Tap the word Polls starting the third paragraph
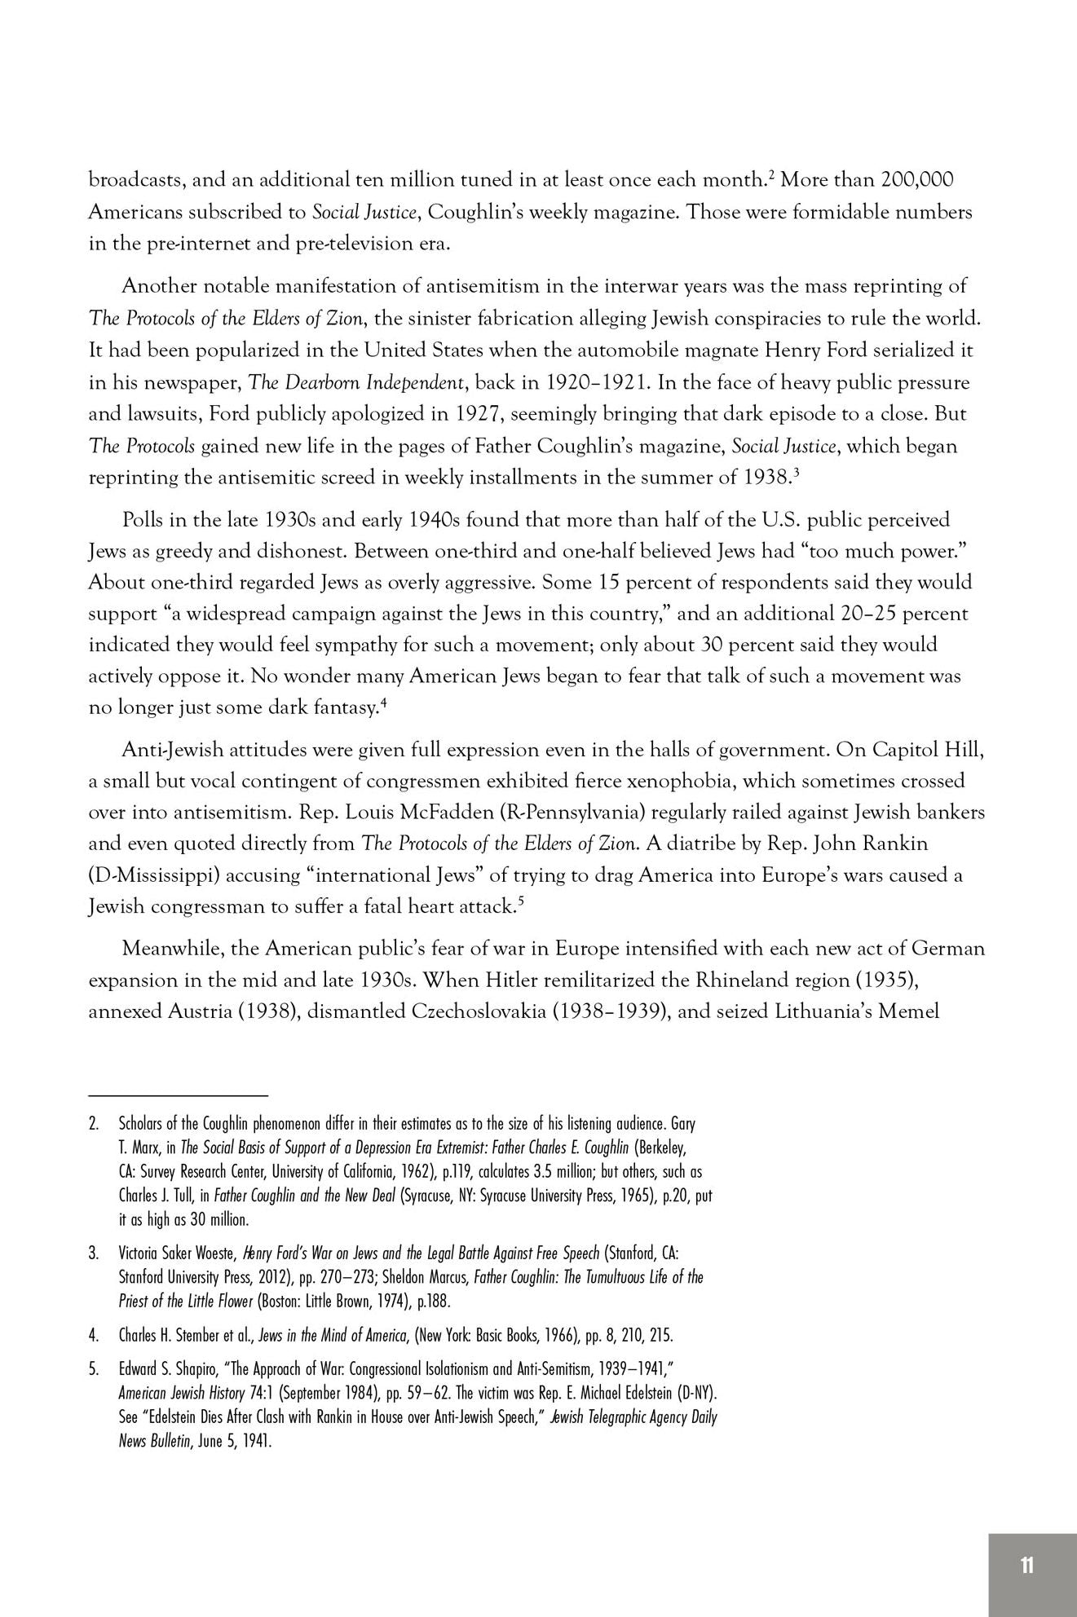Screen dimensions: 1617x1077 pyautogui.click(x=143, y=520)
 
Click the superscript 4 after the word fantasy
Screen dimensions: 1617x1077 pyautogui.click(x=383, y=703)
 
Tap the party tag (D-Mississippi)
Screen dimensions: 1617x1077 pyautogui.click(x=154, y=875)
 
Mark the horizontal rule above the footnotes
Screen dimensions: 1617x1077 pyautogui.click(x=179, y=1096)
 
